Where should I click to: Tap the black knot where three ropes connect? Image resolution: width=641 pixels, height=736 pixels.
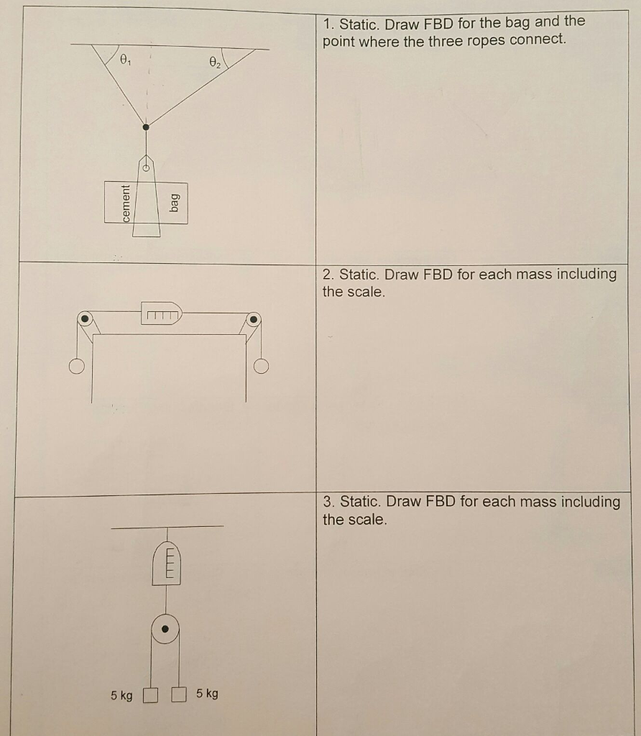(147, 126)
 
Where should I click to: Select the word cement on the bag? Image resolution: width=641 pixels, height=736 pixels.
(126, 203)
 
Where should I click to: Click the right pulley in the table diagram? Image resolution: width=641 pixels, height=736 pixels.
(254, 318)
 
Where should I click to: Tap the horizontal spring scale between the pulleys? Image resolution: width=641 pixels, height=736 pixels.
(161, 313)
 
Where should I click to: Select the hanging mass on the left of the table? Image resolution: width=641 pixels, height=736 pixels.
(76, 367)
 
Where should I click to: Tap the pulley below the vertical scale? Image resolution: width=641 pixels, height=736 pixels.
(166, 629)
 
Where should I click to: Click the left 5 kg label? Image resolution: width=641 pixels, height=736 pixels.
(121, 696)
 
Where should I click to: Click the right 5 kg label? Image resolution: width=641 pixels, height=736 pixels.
(207, 694)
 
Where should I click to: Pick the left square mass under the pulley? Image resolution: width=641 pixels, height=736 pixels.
(150, 696)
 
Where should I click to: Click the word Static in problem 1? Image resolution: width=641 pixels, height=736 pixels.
(358, 23)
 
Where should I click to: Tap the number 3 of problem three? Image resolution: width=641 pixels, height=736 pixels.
(327, 502)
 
